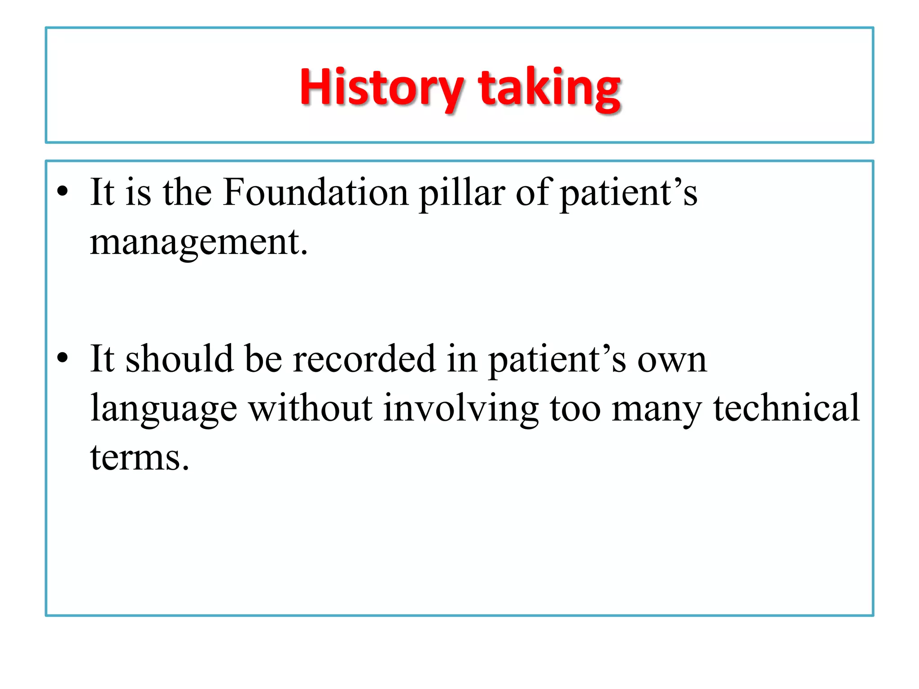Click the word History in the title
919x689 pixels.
[381, 87]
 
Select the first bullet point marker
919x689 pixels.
[63, 192]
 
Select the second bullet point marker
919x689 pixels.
[63, 358]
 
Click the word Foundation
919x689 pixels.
[315, 192]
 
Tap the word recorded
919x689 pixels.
[364, 358]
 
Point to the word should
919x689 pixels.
[179, 358]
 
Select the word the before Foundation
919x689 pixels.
[187, 192]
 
